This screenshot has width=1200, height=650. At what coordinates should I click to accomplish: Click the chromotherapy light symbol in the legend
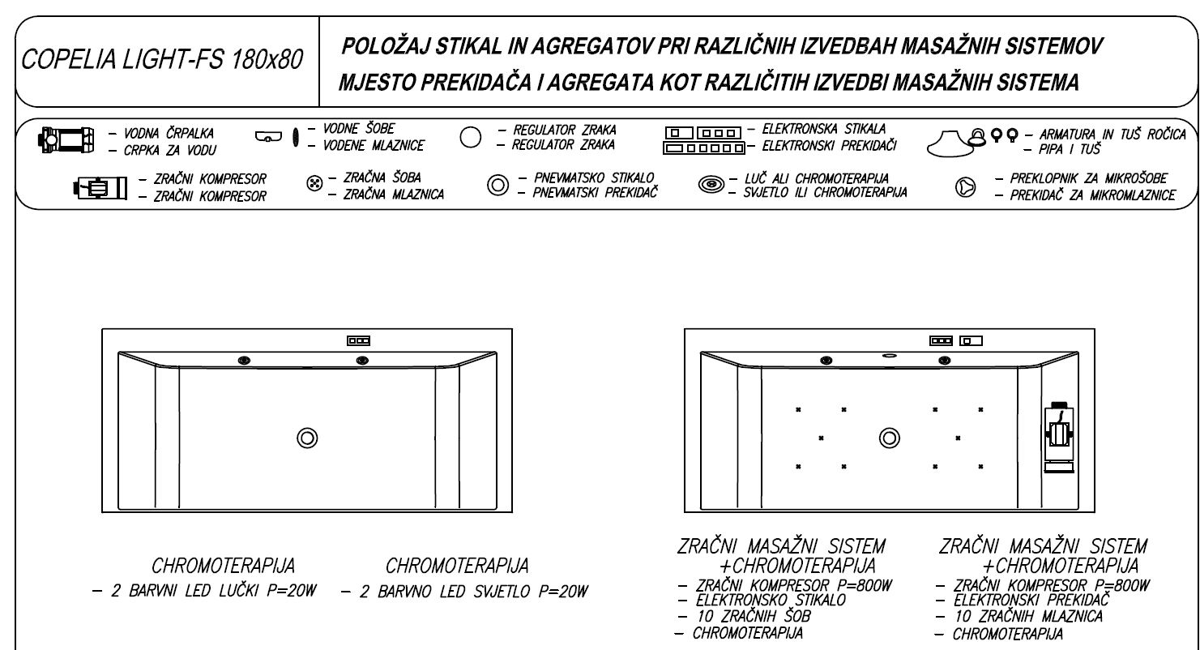click(711, 186)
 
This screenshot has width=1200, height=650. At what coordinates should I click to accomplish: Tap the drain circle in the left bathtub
click(307, 437)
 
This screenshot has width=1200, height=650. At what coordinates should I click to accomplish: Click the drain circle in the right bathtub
click(890, 437)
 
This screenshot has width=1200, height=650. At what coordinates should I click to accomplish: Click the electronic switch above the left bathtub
click(359, 341)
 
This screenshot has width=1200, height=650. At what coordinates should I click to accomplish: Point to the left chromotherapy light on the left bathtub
click(244, 360)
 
